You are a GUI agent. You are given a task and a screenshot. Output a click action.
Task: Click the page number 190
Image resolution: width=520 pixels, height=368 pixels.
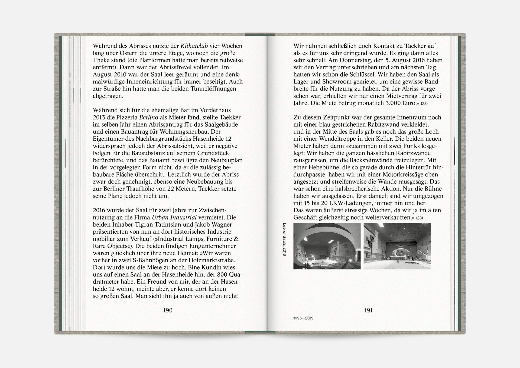pyautogui.click(x=168, y=310)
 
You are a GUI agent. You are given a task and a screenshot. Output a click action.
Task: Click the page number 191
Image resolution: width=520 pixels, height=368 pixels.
pyautogui.click(x=368, y=310)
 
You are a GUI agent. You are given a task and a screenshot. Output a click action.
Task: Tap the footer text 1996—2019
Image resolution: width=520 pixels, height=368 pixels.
pyautogui.click(x=303, y=318)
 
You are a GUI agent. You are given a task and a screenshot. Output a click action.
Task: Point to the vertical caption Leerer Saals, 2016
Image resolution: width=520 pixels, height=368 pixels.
pyautogui.click(x=284, y=239)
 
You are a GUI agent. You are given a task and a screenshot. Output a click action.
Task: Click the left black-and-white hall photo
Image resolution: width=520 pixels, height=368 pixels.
pyautogui.click(x=327, y=246)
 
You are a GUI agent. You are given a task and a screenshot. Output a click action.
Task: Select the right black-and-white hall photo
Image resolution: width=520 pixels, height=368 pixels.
pyautogui.click(x=397, y=246)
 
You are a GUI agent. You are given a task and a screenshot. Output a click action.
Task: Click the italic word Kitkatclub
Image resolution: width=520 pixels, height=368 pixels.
pyautogui.click(x=194, y=46)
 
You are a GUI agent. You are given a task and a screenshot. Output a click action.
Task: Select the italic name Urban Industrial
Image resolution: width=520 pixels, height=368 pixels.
pyautogui.click(x=174, y=217)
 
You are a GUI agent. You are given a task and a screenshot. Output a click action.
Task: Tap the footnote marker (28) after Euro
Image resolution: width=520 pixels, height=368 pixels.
pyautogui.click(x=424, y=104)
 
